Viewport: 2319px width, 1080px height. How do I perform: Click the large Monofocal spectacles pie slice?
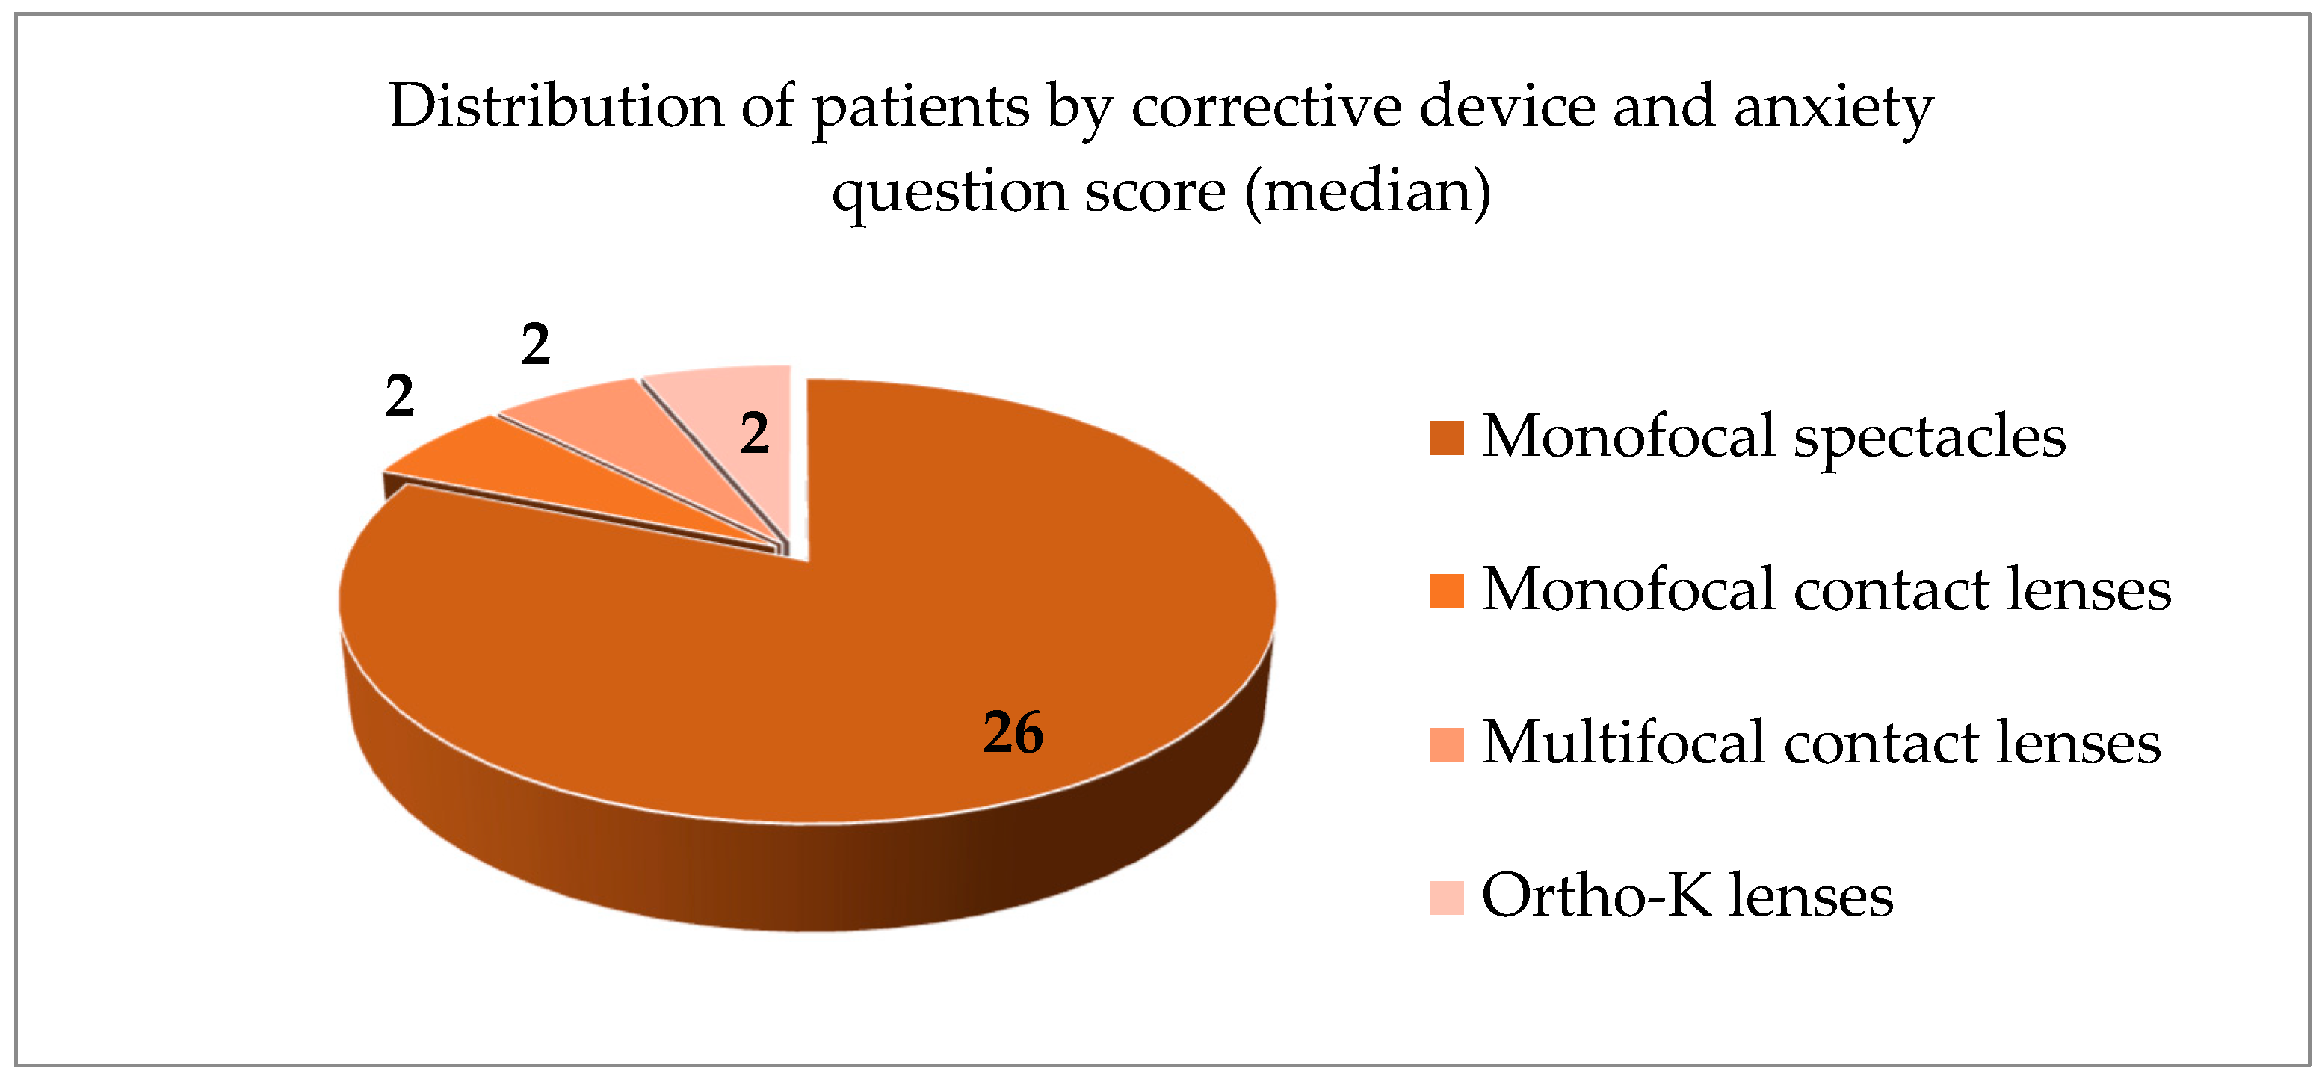(901, 630)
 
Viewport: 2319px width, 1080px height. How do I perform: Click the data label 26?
(1013, 732)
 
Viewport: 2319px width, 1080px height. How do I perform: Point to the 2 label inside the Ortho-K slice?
(754, 433)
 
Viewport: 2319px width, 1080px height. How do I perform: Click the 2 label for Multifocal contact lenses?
(536, 345)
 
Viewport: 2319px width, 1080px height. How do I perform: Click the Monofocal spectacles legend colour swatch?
(1447, 437)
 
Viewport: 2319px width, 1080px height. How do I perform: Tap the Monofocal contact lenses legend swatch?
(1447, 591)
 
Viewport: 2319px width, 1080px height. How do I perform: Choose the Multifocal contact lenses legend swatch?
(1447, 744)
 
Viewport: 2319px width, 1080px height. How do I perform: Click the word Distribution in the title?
(556, 106)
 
